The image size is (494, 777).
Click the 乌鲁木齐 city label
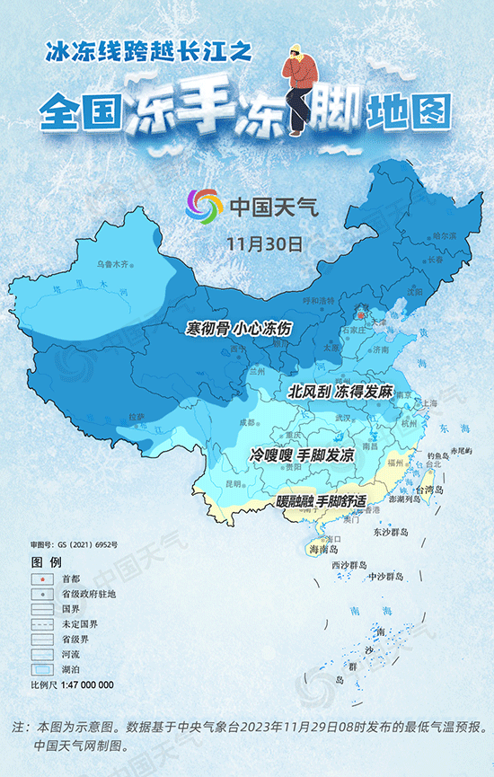tap(113, 264)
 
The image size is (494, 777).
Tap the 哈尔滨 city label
tap(445, 234)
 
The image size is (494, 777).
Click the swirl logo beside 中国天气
tap(204, 207)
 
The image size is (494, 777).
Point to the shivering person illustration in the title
tap(296, 90)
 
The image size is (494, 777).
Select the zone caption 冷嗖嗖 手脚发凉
tap(302, 456)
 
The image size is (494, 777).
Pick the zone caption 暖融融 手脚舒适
tap(322, 499)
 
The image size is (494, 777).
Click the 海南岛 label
tap(323, 548)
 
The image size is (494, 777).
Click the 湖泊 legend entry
tap(70, 669)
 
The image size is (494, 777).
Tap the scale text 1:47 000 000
tap(85, 684)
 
